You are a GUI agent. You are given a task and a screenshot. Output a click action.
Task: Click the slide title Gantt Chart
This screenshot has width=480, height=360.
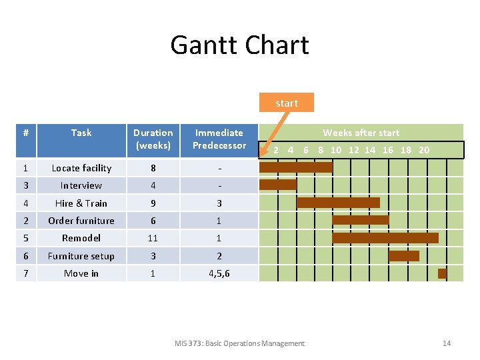[x=239, y=45]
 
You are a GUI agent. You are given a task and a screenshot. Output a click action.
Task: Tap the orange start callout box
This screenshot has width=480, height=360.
[x=287, y=103]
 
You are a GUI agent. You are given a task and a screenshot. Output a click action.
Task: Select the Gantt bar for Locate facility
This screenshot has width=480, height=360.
[x=295, y=167]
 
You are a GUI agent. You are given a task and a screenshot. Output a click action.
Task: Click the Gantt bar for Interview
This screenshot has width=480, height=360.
[x=277, y=185]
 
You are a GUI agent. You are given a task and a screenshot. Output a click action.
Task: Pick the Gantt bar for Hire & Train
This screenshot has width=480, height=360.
[x=338, y=203]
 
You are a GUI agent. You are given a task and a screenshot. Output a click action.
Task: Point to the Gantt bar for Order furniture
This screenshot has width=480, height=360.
[x=360, y=220]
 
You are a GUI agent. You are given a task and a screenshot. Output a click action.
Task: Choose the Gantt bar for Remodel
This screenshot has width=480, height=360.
[x=385, y=238]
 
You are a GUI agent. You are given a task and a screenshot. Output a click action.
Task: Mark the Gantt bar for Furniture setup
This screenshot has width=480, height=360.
[x=404, y=255]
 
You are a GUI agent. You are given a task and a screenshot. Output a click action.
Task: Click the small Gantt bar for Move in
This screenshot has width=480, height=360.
[x=442, y=273]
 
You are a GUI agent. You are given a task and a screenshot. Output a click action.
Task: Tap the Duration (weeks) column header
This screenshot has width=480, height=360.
[x=153, y=139]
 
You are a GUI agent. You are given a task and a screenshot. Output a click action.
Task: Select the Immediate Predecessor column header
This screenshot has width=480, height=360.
[x=219, y=139]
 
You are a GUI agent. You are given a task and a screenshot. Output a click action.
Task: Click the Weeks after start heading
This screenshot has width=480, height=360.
[x=361, y=133]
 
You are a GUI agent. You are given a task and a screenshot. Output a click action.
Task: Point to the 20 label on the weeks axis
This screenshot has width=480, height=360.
[x=424, y=150]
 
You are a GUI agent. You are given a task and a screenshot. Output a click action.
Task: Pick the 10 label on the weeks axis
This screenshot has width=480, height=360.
[x=336, y=150]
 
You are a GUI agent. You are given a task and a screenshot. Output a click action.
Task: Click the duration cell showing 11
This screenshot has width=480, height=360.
[x=153, y=238]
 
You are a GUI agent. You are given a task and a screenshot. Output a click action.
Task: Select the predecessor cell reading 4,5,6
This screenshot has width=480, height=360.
[x=219, y=273]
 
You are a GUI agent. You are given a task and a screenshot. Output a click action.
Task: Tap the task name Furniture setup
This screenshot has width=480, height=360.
[x=81, y=256]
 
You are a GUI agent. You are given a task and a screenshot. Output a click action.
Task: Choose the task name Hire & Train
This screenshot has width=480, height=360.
[x=81, y=203]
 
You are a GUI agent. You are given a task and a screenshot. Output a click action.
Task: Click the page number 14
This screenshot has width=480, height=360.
[x=447, y=343]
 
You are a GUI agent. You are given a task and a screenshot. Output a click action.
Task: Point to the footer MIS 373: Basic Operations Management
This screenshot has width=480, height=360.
[x=239, y=343]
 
